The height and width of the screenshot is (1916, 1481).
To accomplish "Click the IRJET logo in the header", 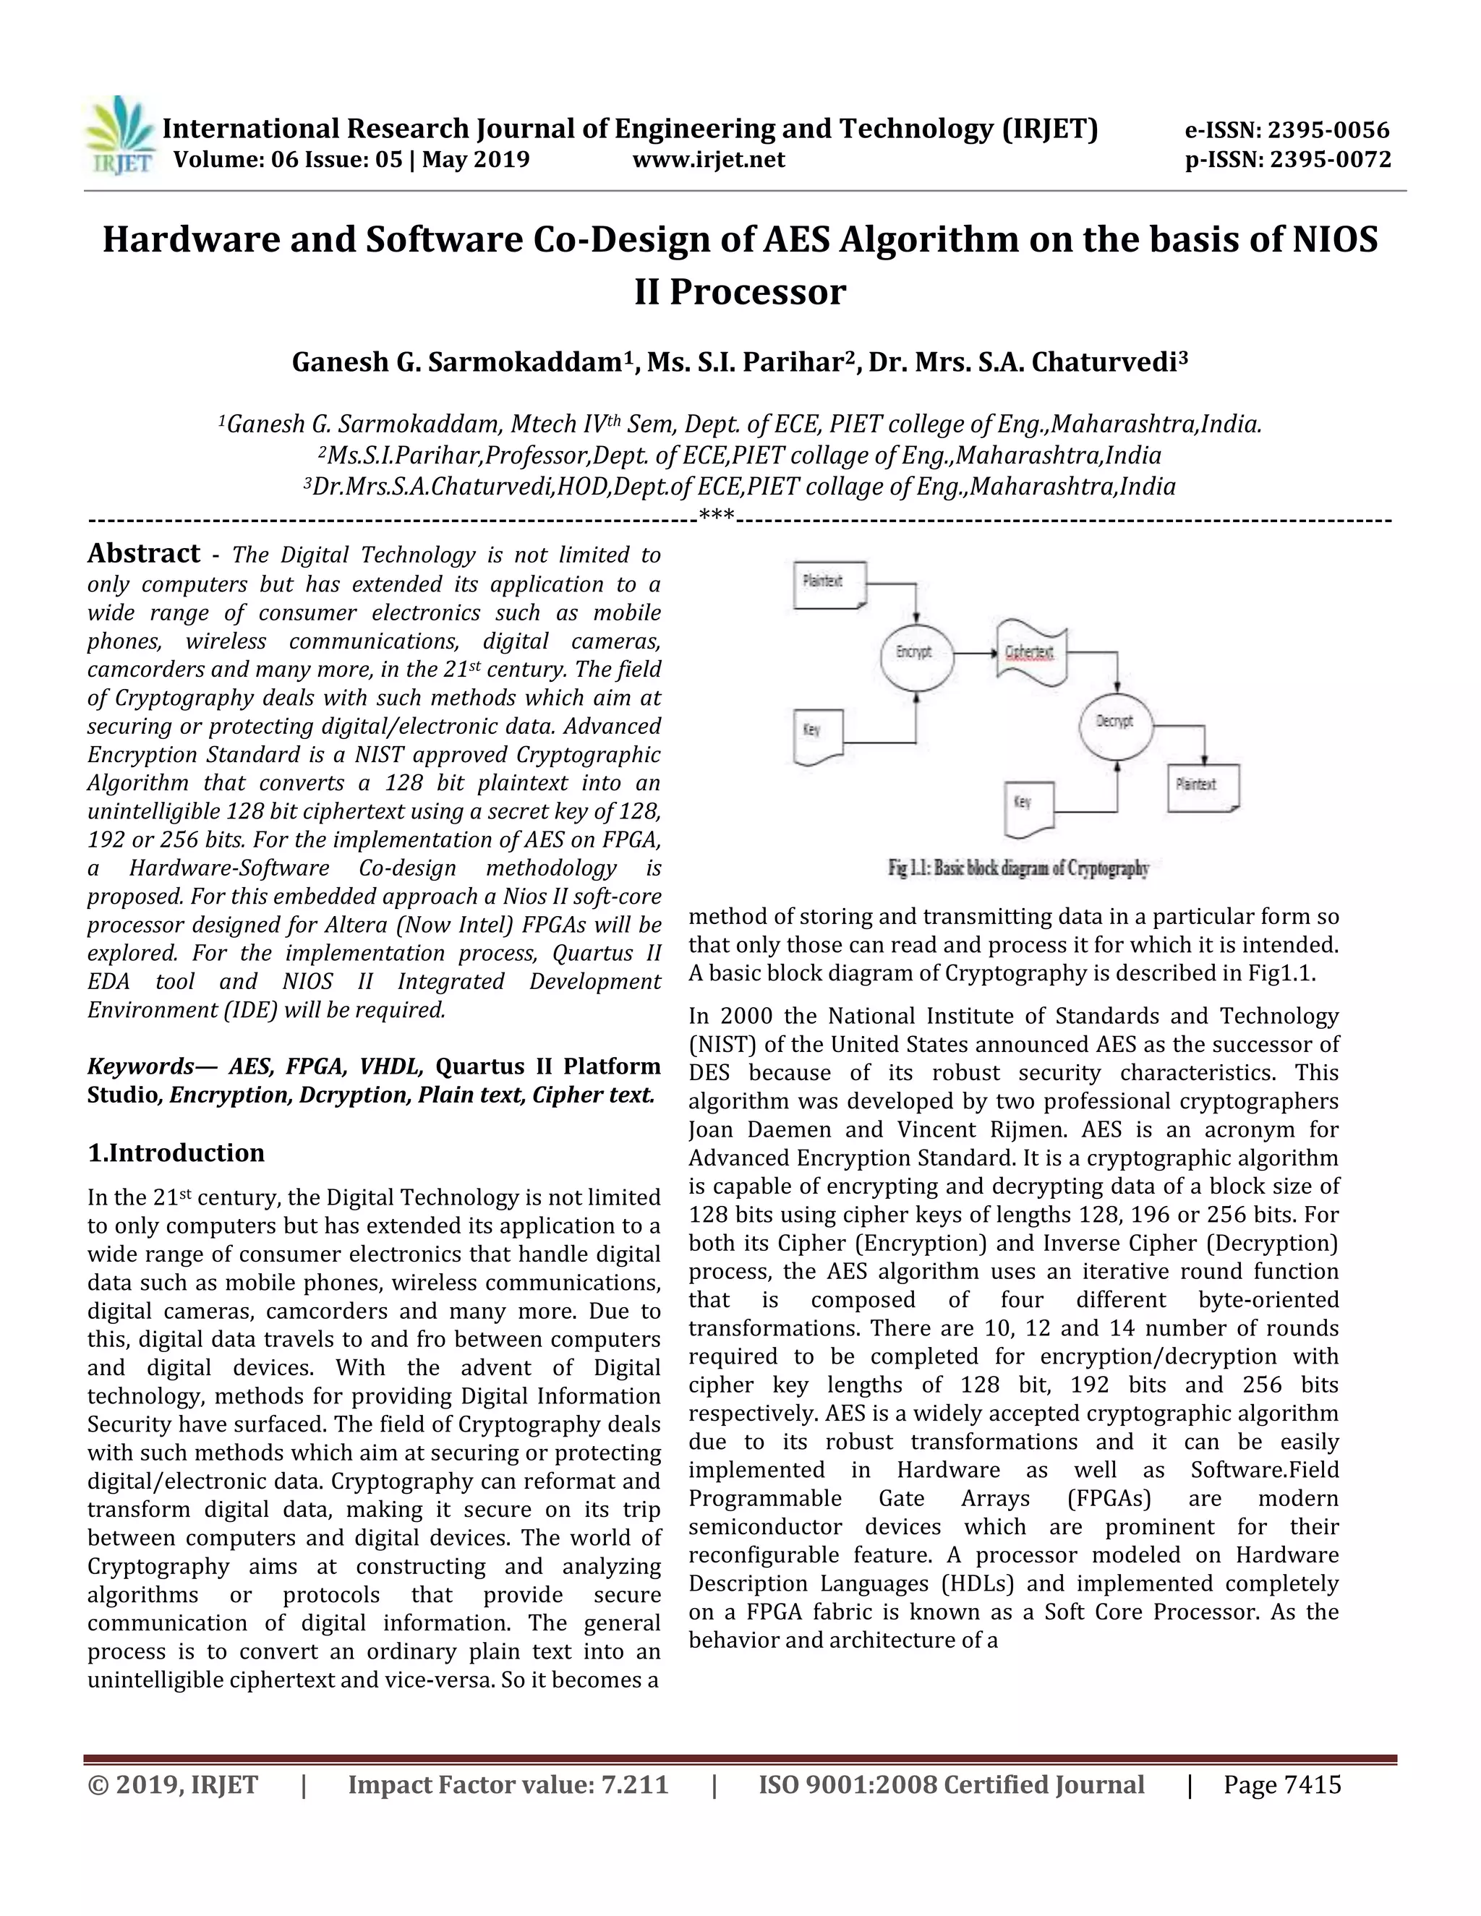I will click(119, 137).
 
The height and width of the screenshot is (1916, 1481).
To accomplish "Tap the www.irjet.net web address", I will click(708, 160).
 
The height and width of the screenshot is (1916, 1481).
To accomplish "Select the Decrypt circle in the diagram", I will click(1115, 722).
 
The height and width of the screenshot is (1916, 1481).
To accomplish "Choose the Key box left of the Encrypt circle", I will click(818, 735).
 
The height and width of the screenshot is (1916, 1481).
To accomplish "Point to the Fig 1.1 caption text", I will click(1017, 869).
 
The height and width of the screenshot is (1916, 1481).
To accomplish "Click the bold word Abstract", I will click(144, 554).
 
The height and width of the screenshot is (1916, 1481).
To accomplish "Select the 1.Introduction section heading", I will click(176, 1152).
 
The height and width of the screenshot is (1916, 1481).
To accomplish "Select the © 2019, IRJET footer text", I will click(172, 1785).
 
